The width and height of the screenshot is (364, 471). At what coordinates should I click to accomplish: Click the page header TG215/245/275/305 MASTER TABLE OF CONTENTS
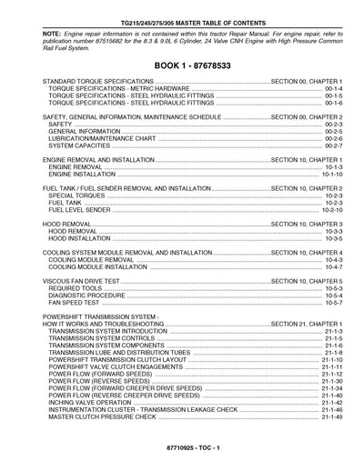182,7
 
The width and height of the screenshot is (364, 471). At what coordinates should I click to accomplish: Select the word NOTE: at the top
53,22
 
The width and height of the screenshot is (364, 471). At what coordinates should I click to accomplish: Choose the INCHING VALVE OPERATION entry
93,402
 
